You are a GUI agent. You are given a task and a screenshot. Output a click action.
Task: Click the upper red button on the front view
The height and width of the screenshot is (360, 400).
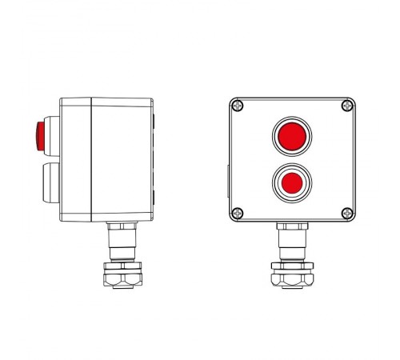pos(291,136)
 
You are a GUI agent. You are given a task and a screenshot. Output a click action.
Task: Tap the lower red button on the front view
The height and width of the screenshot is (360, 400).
pos(291,182)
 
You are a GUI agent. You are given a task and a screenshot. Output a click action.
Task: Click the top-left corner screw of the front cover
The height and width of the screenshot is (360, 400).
pos(238,105)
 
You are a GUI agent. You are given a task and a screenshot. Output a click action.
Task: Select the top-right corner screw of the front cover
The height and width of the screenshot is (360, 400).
pos(346,105)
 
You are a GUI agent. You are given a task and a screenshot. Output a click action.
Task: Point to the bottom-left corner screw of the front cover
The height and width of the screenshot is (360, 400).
pos(238,213)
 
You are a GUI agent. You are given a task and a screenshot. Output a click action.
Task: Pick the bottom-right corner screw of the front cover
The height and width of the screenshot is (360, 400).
pos(346,213)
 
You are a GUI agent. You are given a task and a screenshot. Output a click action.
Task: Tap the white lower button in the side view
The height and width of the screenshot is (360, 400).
pos(46,181)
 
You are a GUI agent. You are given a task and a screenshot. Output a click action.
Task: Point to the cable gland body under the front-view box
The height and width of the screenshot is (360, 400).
pos(291,240)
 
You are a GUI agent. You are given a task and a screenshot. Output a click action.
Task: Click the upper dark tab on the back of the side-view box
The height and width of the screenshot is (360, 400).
pos(154,122)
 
